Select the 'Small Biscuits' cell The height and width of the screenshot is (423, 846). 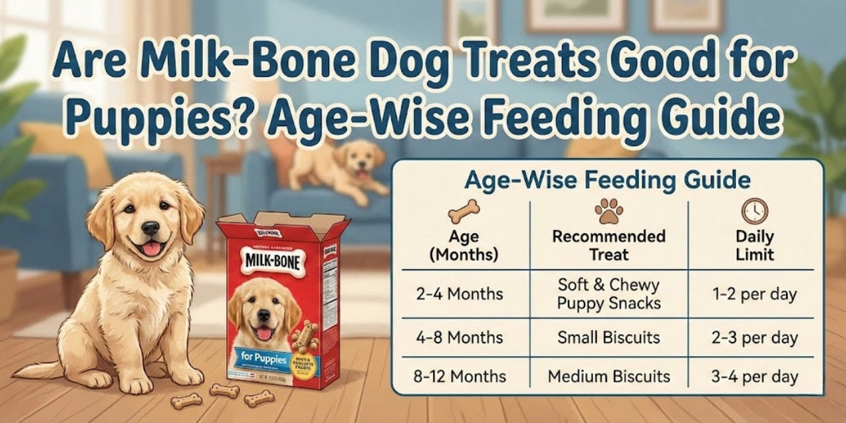tap(608, 338)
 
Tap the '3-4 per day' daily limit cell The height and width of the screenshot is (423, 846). tap(755, 377)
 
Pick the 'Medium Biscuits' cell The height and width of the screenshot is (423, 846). tap(608, 377)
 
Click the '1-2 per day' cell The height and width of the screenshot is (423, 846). tap(755, 294)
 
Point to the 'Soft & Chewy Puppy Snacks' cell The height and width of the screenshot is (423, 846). tap(608, 294)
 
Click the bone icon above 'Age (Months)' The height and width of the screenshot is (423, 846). tap(464, 210)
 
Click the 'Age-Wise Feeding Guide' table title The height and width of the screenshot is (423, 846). tap(607, 181)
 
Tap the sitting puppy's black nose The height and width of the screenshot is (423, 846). tap(151, 228)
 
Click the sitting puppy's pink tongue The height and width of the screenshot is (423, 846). tap(152, 248)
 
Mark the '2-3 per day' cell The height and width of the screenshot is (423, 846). tap(755, 338)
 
